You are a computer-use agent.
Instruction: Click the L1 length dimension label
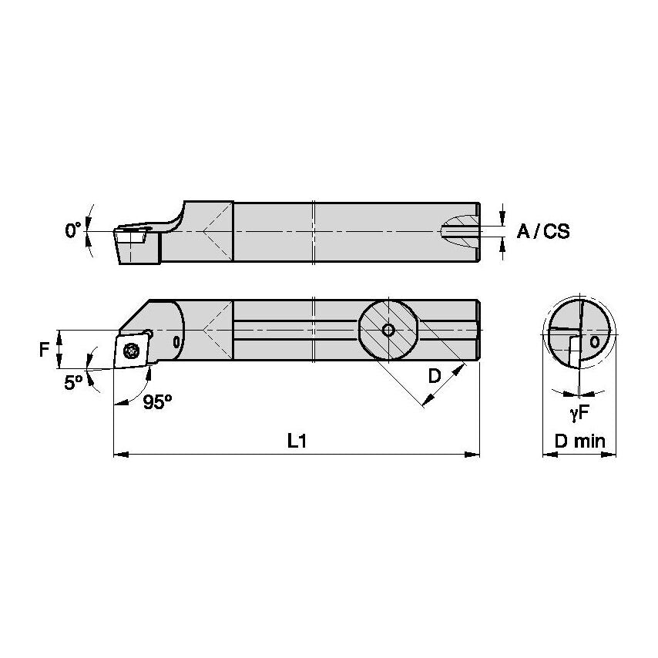coord(297,440)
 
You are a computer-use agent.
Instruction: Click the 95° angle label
coord(157,401)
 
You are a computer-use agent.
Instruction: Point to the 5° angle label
coord(72,383)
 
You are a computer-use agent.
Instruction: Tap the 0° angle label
coord(73,230)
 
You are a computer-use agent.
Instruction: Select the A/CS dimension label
coord(543,231)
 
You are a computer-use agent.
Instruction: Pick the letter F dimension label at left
coord(45,350)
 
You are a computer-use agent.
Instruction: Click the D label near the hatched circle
coord(435,376)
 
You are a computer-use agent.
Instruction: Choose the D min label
coord(579,441)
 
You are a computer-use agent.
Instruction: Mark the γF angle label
coord(579,414)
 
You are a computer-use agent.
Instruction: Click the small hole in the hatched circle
coord(388,331)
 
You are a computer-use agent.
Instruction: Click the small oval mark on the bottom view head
coord(176,341)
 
